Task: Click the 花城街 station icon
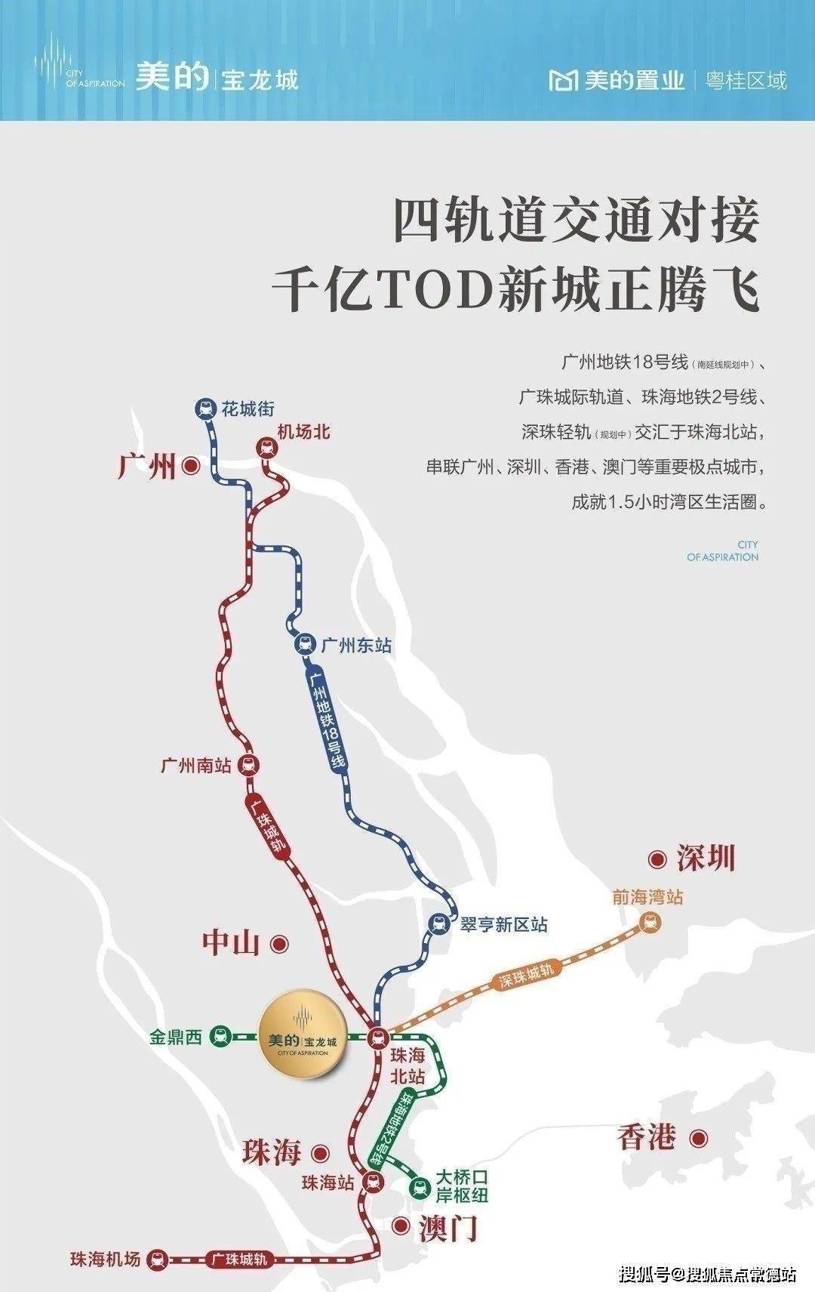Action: coord(204,409)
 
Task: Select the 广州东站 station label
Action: coord(355,646)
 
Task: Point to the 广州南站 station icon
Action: coord(248,765)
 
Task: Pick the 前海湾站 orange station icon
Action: coord(648,922)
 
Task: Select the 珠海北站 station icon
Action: coord(377,1039)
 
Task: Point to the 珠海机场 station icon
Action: coord(156,1259)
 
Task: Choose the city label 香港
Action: coord(646,1137)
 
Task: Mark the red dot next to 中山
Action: coord(280,943)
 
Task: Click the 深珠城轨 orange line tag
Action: coord(527,976)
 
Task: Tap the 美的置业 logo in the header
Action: coord(617,80)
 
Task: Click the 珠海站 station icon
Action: coord(371,1182)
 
